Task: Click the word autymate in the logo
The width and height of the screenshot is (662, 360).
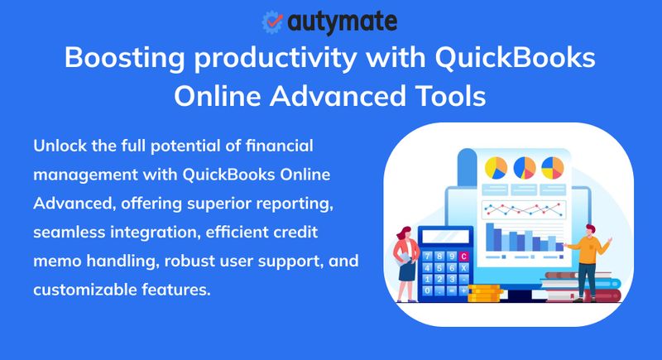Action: (x=341, y=21)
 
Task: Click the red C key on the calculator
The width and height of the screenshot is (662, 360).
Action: (x=463, y=257)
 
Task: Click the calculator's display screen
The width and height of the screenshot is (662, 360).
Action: (x=445, y=237)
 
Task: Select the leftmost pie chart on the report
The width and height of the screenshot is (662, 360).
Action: (x=496, y=168)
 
